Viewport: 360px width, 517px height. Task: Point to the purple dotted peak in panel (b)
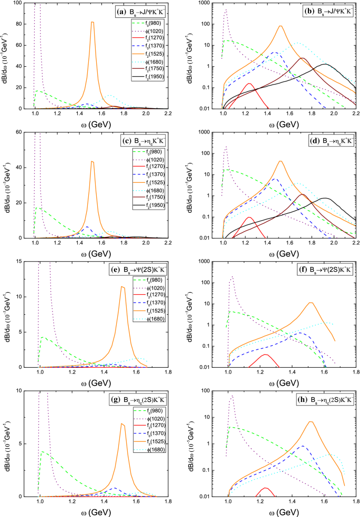click(226, 10)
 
